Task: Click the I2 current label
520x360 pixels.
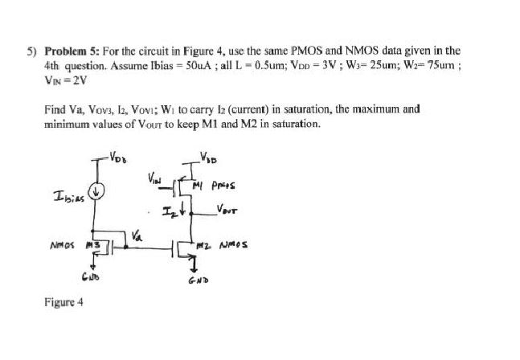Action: [x=172, y=212]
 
